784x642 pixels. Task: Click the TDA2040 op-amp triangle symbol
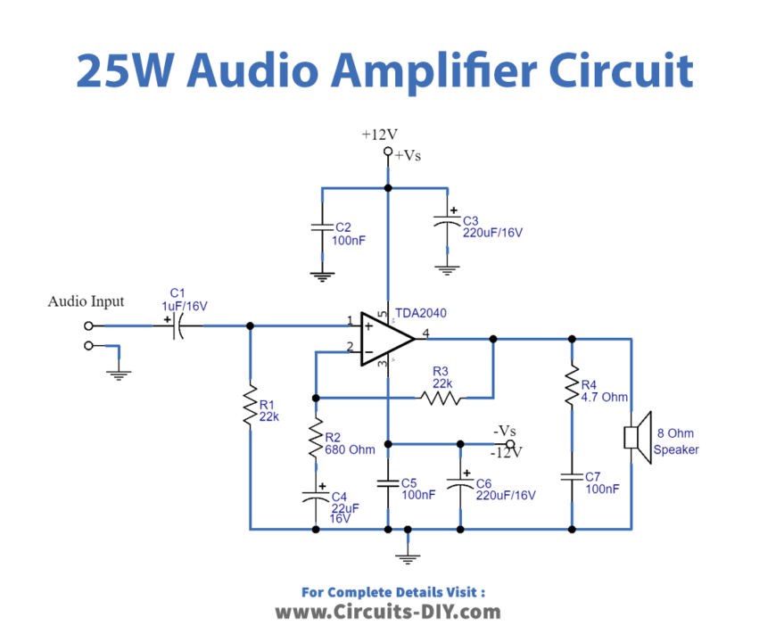click(x=385, y=339)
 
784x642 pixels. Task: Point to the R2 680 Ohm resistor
click(x=315, y=439)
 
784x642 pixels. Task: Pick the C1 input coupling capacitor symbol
click(x=177, y=327)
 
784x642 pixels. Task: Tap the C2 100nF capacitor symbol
click(x=320, y=228)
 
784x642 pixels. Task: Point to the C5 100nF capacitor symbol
click(x=388, y=483)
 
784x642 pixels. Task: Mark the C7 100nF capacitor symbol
click(x=572, y=477)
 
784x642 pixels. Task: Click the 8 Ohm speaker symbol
click(x=634, y=438)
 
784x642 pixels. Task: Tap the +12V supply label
click(x=379, y=135)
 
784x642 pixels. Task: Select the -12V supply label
click(x=506, y=452)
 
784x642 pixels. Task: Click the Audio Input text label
click(x=86, y=301)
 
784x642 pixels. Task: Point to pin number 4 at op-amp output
click(x=425, y=333)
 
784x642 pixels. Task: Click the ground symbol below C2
click(x=320, y=276)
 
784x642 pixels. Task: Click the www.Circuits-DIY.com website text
click(x=387, y=612)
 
